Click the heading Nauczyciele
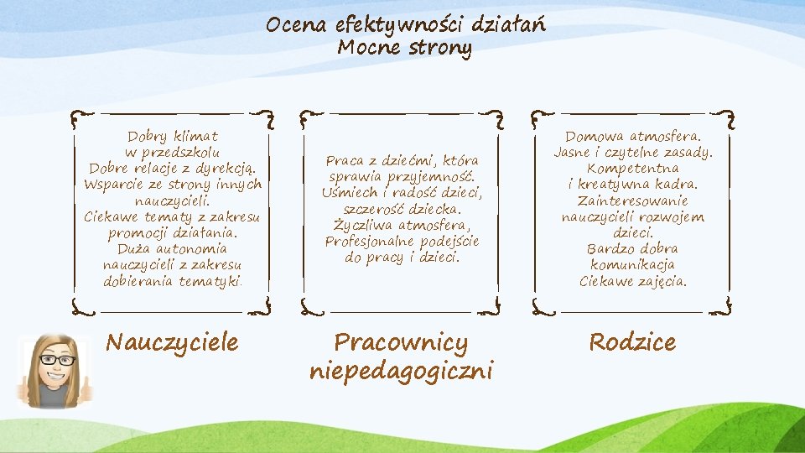[x=172, y=342]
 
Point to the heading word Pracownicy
[x=401, y=343]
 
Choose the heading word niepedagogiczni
[x=401, y=370]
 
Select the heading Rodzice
[x=632, y=342]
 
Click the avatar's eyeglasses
[x=57, y=360]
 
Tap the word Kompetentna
[x=632, y=168]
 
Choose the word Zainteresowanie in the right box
[x=632, y=200]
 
